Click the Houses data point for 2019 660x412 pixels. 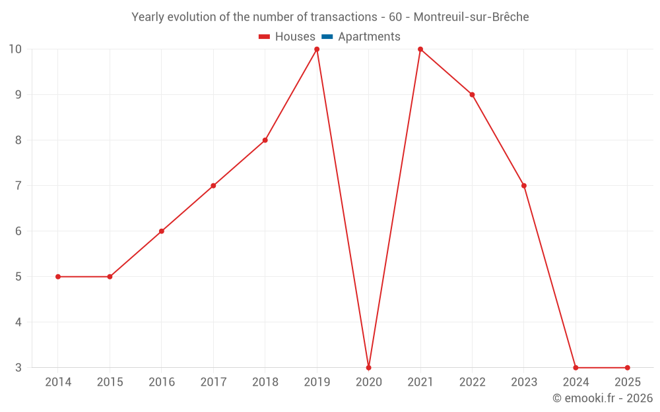317,49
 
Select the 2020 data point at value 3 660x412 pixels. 368,367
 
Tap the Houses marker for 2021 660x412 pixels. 420,49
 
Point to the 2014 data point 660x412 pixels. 58,277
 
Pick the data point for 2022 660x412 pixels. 472,95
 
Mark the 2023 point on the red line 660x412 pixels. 524,186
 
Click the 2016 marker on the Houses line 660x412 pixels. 162,231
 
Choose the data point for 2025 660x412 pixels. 627,367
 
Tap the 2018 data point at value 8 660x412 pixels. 265,140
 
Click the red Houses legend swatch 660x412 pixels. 265,37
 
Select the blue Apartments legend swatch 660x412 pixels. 327,37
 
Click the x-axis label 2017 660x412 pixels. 213,382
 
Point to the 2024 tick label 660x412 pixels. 576,382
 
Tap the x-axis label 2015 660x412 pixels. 110,382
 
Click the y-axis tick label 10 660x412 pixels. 15,49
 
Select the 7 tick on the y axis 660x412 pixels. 18,186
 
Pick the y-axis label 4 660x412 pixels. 18,322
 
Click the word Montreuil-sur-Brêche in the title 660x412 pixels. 471,17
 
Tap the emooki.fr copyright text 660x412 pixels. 603,398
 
